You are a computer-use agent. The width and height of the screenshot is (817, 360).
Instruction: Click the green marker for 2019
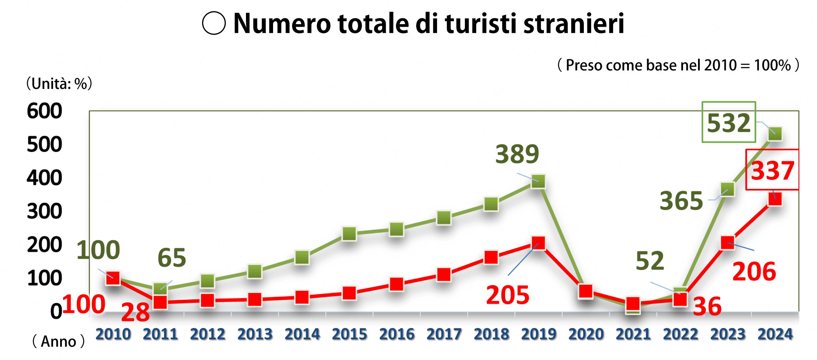tap(538, 181)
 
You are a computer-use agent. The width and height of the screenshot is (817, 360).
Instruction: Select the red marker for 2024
tap(775, 199)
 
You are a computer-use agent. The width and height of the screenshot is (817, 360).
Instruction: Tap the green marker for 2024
tap(775, 134)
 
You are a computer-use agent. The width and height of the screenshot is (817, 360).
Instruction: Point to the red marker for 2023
tap(728, 243)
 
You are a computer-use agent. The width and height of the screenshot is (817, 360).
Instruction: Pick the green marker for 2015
tap(349, 233)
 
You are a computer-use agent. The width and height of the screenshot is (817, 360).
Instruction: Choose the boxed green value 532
tap(728, 123)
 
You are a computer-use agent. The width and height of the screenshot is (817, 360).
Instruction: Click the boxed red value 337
tap(772, 170)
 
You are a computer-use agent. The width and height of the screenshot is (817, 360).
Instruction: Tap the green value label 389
tap(517, 154)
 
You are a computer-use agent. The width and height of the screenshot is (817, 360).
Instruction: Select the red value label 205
tap(508, 295)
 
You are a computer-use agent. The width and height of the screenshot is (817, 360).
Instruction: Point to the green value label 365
tap(681, 201)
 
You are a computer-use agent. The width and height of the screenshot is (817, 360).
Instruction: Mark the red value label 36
tap(707, 307)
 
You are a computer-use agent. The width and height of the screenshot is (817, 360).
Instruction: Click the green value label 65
tap(172, 258)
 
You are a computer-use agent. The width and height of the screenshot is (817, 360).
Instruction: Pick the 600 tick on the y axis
tap(44, 111)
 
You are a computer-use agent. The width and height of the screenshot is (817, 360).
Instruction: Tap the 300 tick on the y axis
tap(44, 211)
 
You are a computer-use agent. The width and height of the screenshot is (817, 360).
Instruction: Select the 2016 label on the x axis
tap(397, 334)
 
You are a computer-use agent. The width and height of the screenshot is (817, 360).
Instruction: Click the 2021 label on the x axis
tap(633, 334)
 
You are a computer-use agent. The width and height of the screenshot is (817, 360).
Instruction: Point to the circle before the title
tap(214, 23)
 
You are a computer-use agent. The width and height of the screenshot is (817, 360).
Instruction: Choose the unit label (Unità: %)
tap(59, 84)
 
